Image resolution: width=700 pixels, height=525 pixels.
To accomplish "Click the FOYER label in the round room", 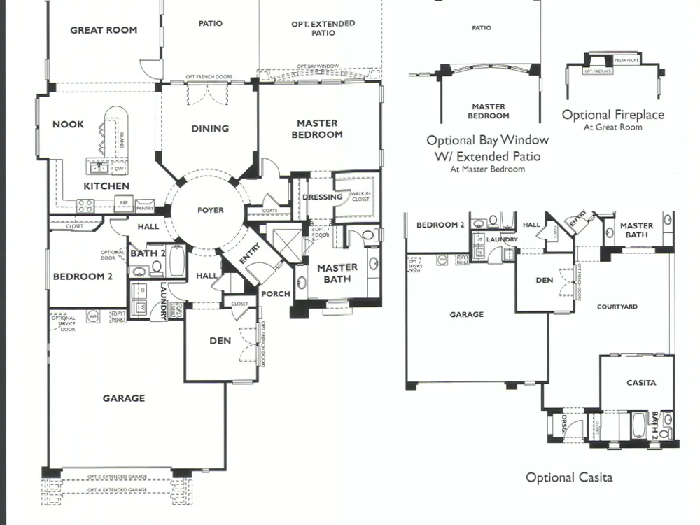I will click(x=210, y=210).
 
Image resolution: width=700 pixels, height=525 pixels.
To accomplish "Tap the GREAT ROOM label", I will click(x=104, y=30).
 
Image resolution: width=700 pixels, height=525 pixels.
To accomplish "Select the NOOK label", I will click(x=68, y=125).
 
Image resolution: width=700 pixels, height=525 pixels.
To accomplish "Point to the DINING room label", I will click(x=210, y=128).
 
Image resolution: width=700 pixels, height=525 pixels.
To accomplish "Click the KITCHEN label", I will click(x=106, y=185).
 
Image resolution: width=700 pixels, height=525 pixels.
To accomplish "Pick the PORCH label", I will click(x=276, y=294).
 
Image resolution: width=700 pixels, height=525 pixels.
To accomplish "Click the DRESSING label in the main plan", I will click(x=322, y=197).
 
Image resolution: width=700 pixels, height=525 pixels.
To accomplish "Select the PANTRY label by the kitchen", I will click(x=145, y=208).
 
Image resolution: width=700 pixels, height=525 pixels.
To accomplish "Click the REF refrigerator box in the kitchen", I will click(x=124, y=204).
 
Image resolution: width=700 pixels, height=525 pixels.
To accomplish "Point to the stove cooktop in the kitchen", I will click(x=85, y=205).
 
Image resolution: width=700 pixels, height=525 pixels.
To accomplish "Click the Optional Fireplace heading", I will click(x=612, y=115).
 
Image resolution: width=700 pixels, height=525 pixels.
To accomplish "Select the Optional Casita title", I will click(x=569, y=477).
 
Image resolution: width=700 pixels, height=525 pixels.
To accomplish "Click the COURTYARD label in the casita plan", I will click(x=617, y=307).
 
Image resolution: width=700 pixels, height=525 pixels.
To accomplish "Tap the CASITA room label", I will click(x=641, y=383).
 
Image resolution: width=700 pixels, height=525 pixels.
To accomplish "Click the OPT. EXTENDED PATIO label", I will click(x=323, y=28).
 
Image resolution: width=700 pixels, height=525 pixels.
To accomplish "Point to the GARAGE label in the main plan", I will click(x=124, y=398).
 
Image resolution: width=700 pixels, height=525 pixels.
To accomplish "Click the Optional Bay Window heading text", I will click(x=487, y=140).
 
